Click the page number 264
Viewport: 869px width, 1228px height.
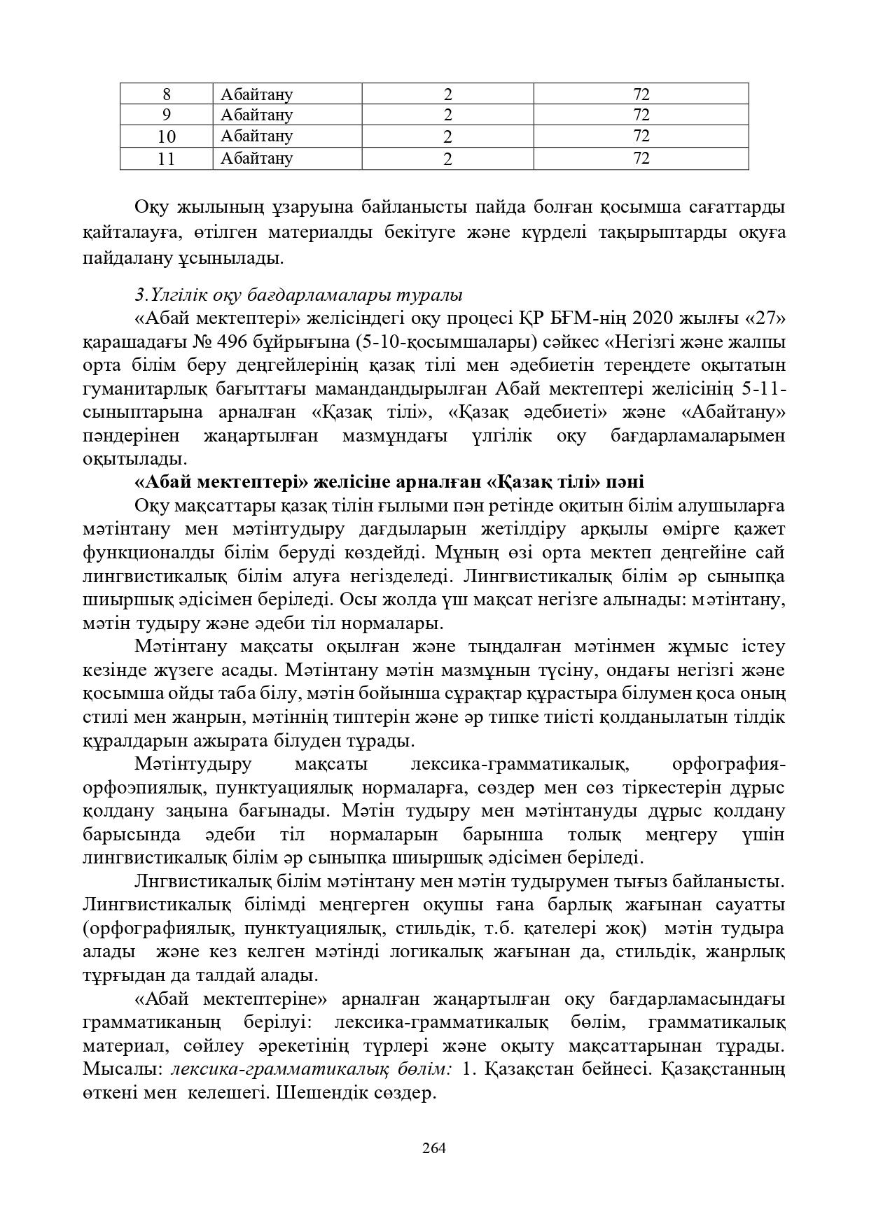pyautogui.click(x=434, y=1148)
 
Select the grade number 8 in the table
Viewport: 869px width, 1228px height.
pyautogui.click(x=166, y=94)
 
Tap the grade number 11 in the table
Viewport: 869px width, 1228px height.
pyautogui.click(x=166, y=159)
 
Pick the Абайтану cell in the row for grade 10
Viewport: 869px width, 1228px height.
pyautogui.click(x=256, y=136)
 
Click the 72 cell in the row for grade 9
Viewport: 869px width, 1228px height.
pyautogui.click(x=641, y=115)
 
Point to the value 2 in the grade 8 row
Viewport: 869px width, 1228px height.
pyautogui.click(x=447, y=94)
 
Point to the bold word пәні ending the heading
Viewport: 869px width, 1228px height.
pyautogui.click(x=621, y=482)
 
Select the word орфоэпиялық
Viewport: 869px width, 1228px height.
pyautogui.click(x=139, y=788)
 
